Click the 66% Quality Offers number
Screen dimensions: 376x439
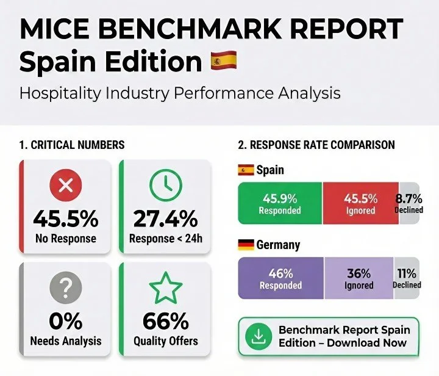[x=166, y=320]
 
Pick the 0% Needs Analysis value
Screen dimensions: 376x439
[x=66, y=320]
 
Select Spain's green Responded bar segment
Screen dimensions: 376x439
[x=279, y=203]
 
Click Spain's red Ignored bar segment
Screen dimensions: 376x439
[x=360, y=203]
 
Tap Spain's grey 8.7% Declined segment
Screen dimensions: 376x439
[x=409, y=203]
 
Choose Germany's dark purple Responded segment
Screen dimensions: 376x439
[x=280, y=278]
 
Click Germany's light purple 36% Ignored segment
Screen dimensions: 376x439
[x=359, y=278]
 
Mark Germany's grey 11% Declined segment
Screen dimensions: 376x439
[x=407, y=278]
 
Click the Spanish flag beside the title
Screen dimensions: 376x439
[x=223, y=62]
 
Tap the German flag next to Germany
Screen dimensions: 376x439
[x=246, y=245]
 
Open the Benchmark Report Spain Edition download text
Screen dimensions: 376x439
[x=343, y=336]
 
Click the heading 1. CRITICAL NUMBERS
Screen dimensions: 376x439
[x=71, y=145]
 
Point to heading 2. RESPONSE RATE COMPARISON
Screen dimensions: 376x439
[x=316, y=145]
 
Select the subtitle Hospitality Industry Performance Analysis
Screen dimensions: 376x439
[x=180, y=93]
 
